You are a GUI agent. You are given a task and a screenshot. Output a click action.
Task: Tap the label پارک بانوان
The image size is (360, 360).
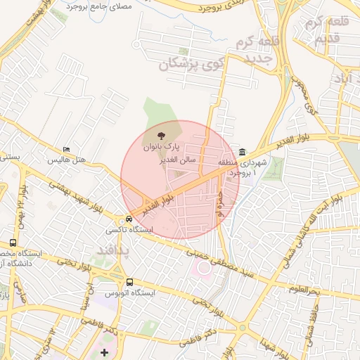(163, 148)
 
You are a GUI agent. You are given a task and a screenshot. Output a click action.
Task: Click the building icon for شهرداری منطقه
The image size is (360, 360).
(243, 153)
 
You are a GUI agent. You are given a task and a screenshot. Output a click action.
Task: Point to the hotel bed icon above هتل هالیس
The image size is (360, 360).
(66, 149)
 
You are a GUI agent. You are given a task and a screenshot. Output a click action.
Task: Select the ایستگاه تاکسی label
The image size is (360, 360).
(125, 230)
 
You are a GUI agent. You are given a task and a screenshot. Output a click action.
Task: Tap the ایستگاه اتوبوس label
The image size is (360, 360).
(129, 292)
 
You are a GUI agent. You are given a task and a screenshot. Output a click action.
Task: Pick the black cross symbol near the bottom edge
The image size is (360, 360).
(105, 352)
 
